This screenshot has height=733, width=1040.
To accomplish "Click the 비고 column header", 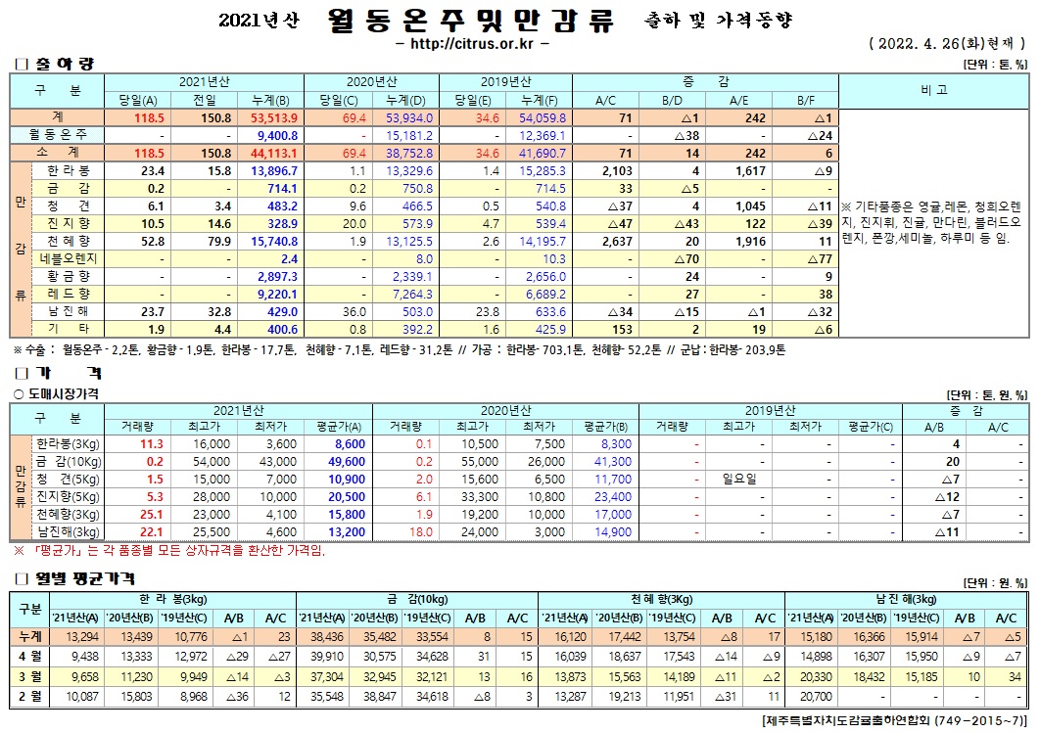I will click(933, 91).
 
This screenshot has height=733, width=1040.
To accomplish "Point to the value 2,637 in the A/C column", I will click(615, 241).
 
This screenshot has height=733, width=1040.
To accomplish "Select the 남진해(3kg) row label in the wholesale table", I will click(68, 532).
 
